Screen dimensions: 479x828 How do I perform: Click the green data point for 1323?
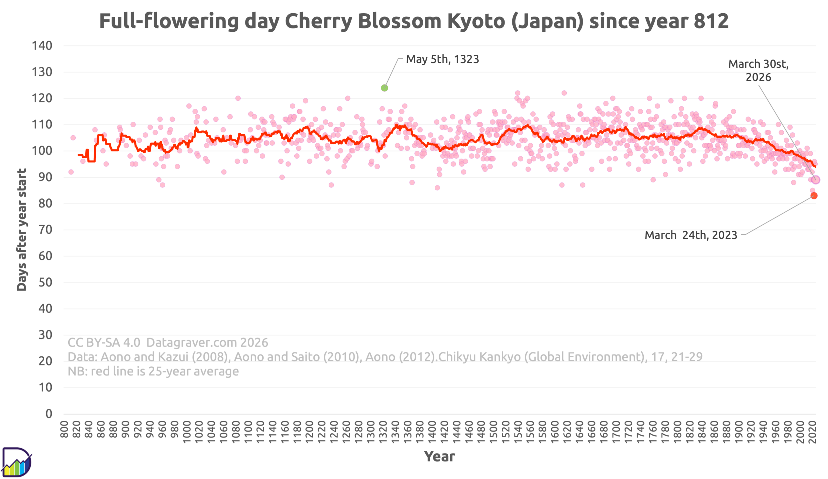385,88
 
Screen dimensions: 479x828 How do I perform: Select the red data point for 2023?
814,195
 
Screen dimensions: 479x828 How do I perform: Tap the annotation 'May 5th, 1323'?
442,59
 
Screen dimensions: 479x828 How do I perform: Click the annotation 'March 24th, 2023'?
691,235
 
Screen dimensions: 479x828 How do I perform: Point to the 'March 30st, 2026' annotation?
758,70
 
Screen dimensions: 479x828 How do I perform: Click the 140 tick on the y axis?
42,46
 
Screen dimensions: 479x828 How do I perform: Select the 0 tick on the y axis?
49,414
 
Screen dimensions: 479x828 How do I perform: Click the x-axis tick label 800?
64,429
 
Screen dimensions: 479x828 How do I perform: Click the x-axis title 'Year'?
439,456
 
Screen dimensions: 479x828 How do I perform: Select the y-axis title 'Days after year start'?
22,229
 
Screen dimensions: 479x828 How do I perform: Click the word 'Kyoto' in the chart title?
476,21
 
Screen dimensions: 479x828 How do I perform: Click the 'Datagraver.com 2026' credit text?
207,342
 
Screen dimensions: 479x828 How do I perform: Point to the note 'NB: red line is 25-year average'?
153,371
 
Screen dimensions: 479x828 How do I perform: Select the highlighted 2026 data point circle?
815,180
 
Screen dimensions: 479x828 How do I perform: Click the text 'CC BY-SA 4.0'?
104,342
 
